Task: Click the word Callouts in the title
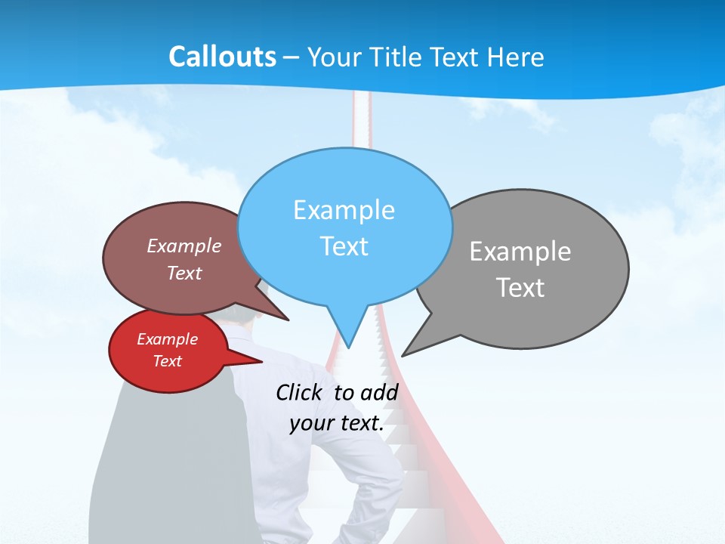tap(223, 57)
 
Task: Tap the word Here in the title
tap(514, 57)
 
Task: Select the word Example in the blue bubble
tap(344, 210)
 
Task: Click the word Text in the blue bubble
tap(344, 246)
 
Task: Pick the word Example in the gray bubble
tap(520, 252)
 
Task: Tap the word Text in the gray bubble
tap(520, 288)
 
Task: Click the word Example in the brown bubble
tap(184, 246)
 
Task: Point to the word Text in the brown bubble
tap(184, 274)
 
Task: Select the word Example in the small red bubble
tap(167, 339)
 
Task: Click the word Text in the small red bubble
tap(167, 361)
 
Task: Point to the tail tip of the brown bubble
tap(287, 320)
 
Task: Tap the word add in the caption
tap(379, 392)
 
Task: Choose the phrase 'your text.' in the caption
tap(337, 423)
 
